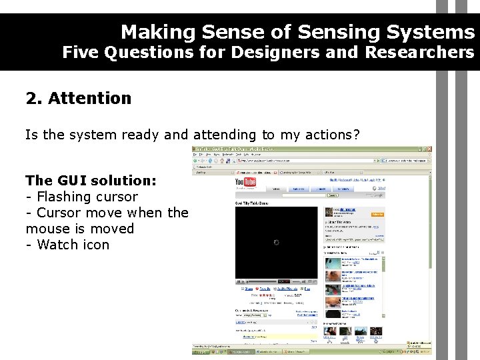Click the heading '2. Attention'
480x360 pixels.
79,99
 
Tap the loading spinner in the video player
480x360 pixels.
276,242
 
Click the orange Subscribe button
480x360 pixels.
377,215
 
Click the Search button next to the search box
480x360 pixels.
333,195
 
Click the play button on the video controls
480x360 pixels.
239,281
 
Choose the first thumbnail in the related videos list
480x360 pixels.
333,262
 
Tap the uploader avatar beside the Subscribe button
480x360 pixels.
330,211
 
